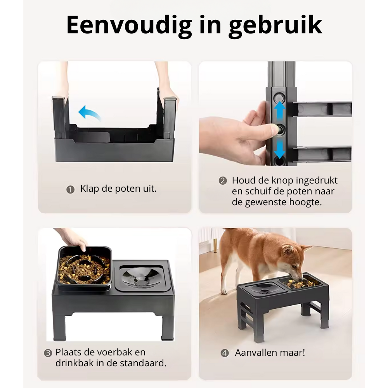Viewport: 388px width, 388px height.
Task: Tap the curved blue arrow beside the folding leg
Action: [x=88, y=113]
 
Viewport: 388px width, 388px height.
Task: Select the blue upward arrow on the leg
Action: [x=279, y=110]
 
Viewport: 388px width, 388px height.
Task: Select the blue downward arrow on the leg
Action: [x=280, y=149]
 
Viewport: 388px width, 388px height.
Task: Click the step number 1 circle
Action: [x=71, y=190]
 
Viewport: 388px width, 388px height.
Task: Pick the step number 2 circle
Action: [x=223, y=181]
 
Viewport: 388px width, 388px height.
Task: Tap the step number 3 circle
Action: [x=48, y=353]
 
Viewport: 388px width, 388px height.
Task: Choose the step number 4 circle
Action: [x=225, y=353]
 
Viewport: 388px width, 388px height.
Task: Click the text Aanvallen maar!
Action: [x=270, y=353]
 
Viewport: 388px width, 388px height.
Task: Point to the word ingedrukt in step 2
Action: [x=317, y=181]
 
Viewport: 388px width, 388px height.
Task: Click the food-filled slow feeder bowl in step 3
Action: [x=84, y=267]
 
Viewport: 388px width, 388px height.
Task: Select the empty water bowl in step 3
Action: [x=141, y=277]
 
